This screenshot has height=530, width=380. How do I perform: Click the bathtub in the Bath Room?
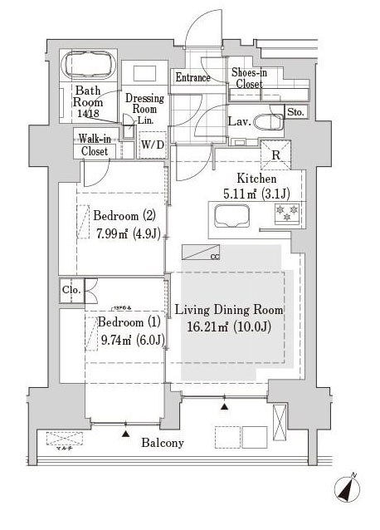(x=89, y=65)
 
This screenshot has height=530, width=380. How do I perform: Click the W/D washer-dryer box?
(x=152, y=144)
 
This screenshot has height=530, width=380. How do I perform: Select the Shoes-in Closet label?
(x=248, y=78)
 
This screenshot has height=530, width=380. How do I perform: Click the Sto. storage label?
(x=295, y=112)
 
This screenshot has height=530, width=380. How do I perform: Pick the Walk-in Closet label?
(x=95, y=145)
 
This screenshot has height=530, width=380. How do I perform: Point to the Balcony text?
(x=163, y=443)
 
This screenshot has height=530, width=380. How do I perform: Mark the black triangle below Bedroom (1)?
(x=125, y=433)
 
